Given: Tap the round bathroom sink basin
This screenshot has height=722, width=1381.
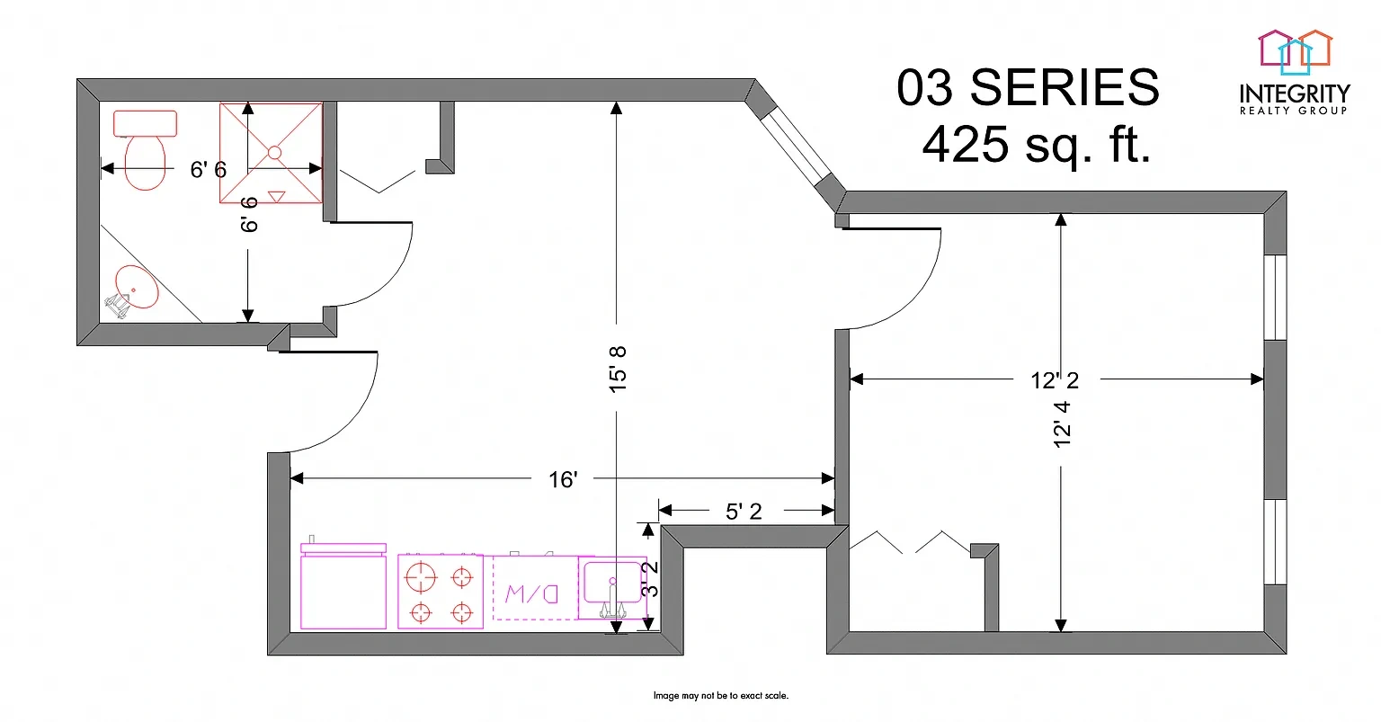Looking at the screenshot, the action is tap(137, 286).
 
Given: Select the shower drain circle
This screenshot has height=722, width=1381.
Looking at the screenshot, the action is tap(274, 152).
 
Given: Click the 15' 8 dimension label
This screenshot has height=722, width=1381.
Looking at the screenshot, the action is tap(617, 369).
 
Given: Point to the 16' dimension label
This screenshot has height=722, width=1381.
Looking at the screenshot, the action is tap(563, 480).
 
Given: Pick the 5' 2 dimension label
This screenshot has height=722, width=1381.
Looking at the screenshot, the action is tap(744, 511).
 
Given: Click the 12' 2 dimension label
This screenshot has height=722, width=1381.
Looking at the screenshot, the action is tap(1055, 380).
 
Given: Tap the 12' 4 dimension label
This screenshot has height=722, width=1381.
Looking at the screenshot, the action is tap(1062, 424).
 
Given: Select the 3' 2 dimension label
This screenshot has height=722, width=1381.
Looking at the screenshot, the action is tap(650, 579).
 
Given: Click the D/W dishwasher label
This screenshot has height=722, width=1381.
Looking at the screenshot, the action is tap(532, 593).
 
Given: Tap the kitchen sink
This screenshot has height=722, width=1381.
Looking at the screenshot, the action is tap(612, 588).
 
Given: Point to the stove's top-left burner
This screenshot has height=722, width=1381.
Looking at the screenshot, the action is tap(421, 578).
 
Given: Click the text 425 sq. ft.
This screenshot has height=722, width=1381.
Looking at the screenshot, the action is tap(1037, 144).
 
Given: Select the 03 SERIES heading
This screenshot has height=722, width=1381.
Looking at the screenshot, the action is tap(1028, 87).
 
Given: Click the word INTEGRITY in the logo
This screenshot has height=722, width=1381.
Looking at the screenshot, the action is tap(1295, 94).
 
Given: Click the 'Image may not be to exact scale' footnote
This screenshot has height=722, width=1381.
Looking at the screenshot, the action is tap(721, 696).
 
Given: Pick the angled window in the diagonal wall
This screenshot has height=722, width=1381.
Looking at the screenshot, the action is tap(796, 148).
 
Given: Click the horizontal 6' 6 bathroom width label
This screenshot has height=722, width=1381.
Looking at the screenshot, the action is tap(209, 170).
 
